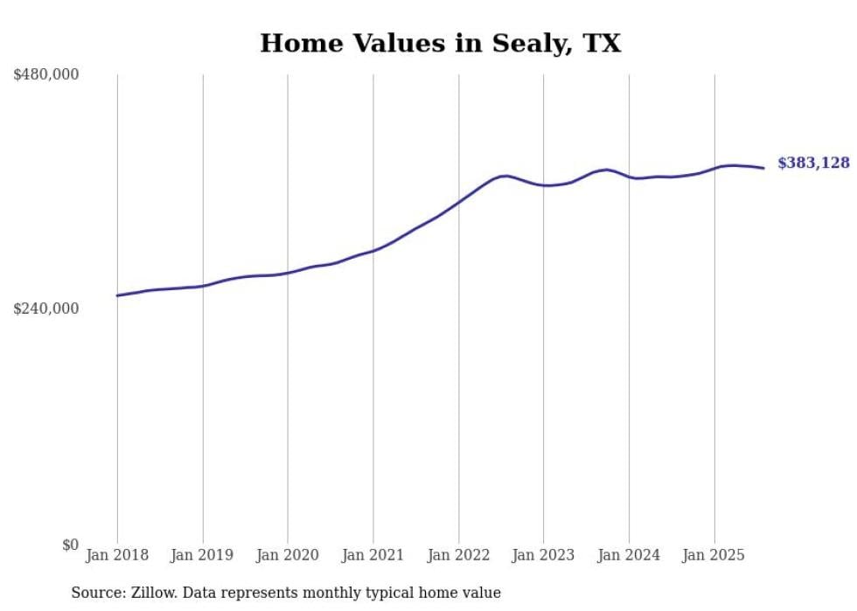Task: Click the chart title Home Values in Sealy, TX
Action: pos(440,43)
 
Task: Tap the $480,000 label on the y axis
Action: pos(46,75)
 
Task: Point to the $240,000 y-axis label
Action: pos(46,309)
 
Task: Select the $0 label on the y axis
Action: pos(70,545)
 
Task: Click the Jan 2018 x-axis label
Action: pos(117,555)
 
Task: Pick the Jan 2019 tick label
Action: pos(203,555)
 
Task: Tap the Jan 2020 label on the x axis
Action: pos(288,555)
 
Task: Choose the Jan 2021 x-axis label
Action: pos(373,555)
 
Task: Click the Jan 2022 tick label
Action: pos(458,555)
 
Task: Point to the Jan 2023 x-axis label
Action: pos(543,555)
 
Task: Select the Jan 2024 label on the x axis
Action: pos(629,555)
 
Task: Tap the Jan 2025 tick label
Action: pos(714,555)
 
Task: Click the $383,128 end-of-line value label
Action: pos(812,163)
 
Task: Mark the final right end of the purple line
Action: pos(763,168)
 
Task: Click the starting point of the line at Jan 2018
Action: pos(117,295)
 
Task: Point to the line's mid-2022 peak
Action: pos(505,176)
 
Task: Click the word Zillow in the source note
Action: pos(150,593)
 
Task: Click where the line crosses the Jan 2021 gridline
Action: pos(373,251)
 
